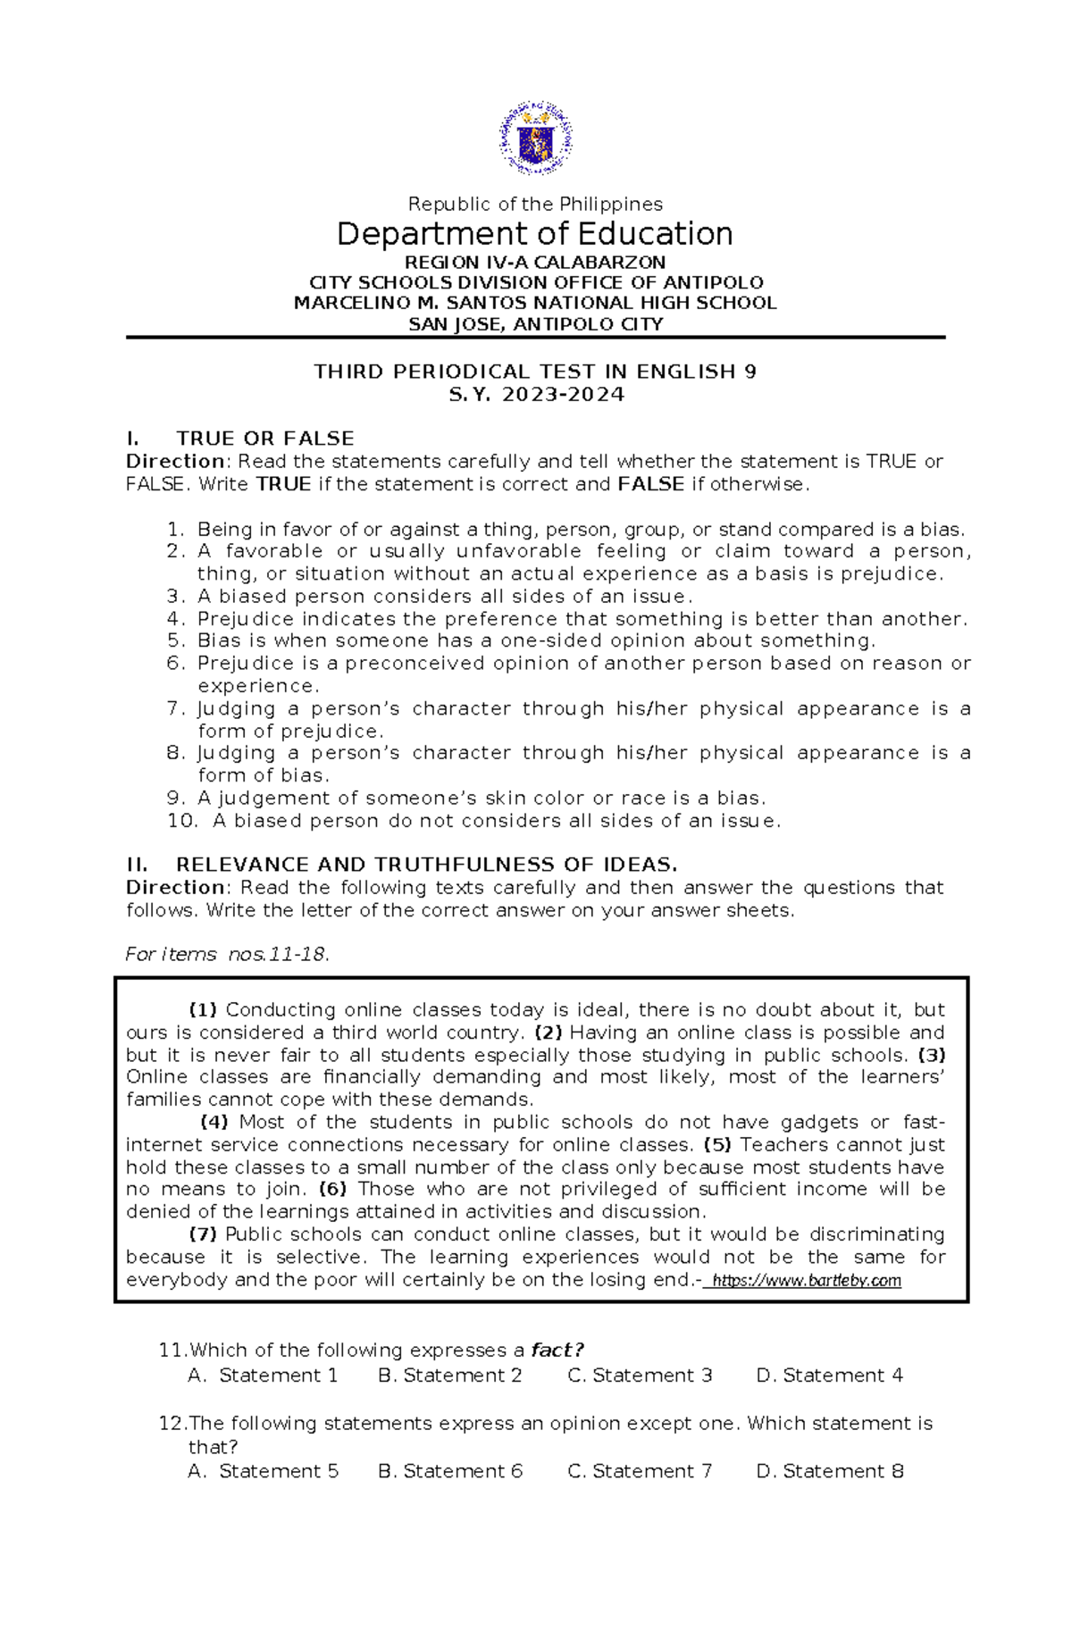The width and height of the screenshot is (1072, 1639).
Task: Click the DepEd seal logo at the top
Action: tap(535, 138)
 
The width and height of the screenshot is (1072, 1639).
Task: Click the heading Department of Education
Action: tap(534, 234)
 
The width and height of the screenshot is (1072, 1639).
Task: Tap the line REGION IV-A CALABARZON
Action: tap(534, 263)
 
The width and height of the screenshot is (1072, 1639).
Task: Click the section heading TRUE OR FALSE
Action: tap(264, 439)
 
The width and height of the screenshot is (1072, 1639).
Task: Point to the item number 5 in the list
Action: tap(175, 641)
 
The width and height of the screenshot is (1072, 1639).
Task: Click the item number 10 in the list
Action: tap(181, 821)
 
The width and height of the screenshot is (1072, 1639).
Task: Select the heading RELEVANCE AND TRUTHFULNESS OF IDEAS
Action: tap(426, 865)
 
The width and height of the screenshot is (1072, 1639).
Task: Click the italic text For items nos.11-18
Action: tap(227, 955)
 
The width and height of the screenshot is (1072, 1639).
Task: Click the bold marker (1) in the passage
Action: tap(203, 1010)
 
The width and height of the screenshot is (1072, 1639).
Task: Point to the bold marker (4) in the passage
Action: tap(214, 1123)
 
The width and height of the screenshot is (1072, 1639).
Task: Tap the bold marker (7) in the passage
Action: tap(203, 1234)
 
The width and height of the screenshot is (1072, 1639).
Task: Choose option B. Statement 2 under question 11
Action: tap(449, 1376)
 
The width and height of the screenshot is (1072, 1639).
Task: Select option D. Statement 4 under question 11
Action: tap(829, 1376)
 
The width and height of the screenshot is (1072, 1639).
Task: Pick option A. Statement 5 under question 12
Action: tap(264, 1471)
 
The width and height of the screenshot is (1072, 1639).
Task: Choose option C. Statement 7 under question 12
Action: tap(640, 1471)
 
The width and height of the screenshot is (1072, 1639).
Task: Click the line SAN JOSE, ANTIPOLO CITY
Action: tap(535, 324)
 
